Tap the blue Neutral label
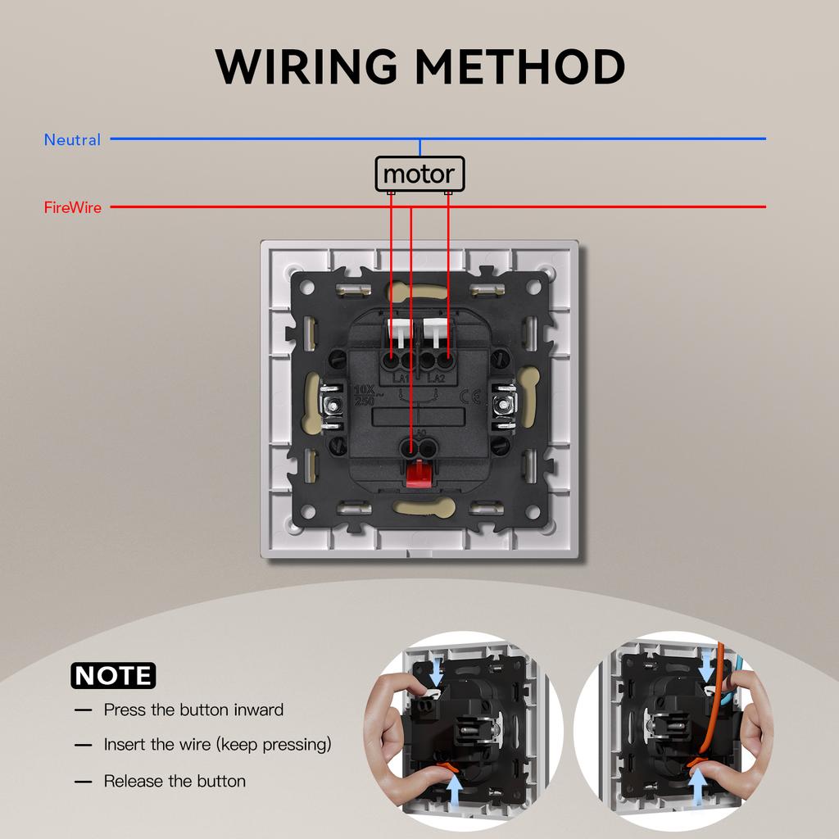pos(72,140)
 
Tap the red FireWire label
pos(72,208)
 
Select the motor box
pos(419,175)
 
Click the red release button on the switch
pos(419,473)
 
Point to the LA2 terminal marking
pos(438,378)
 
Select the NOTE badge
pos(113,675)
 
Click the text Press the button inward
pos(193,710)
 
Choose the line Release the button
pos(175,782)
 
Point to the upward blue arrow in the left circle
pos(456,791)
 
